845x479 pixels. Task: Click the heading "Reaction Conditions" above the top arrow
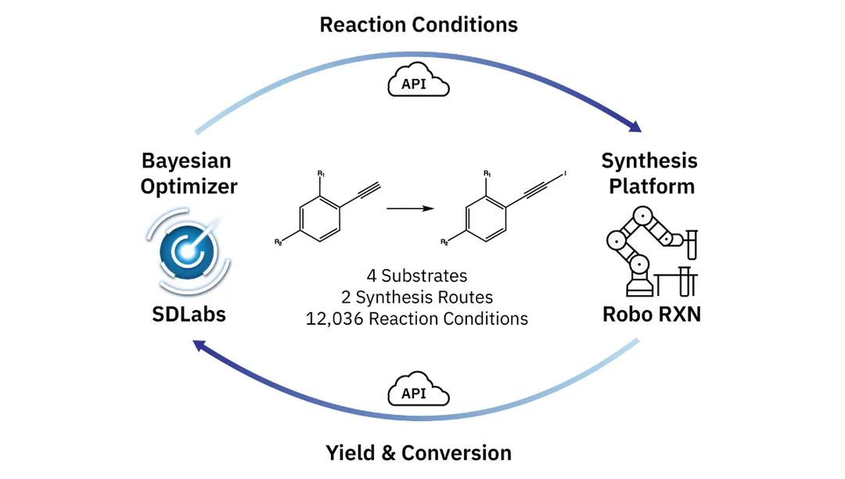point(419,24)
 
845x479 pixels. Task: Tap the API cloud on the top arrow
point(419,80)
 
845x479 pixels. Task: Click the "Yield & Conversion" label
point(419,452)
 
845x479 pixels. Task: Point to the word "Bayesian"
point(186,161)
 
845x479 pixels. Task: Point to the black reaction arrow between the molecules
point(410,209)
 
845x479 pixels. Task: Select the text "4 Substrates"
point(417,276)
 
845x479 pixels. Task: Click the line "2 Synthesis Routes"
point(417,297)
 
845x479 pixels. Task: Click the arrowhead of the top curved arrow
point(635,126)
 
